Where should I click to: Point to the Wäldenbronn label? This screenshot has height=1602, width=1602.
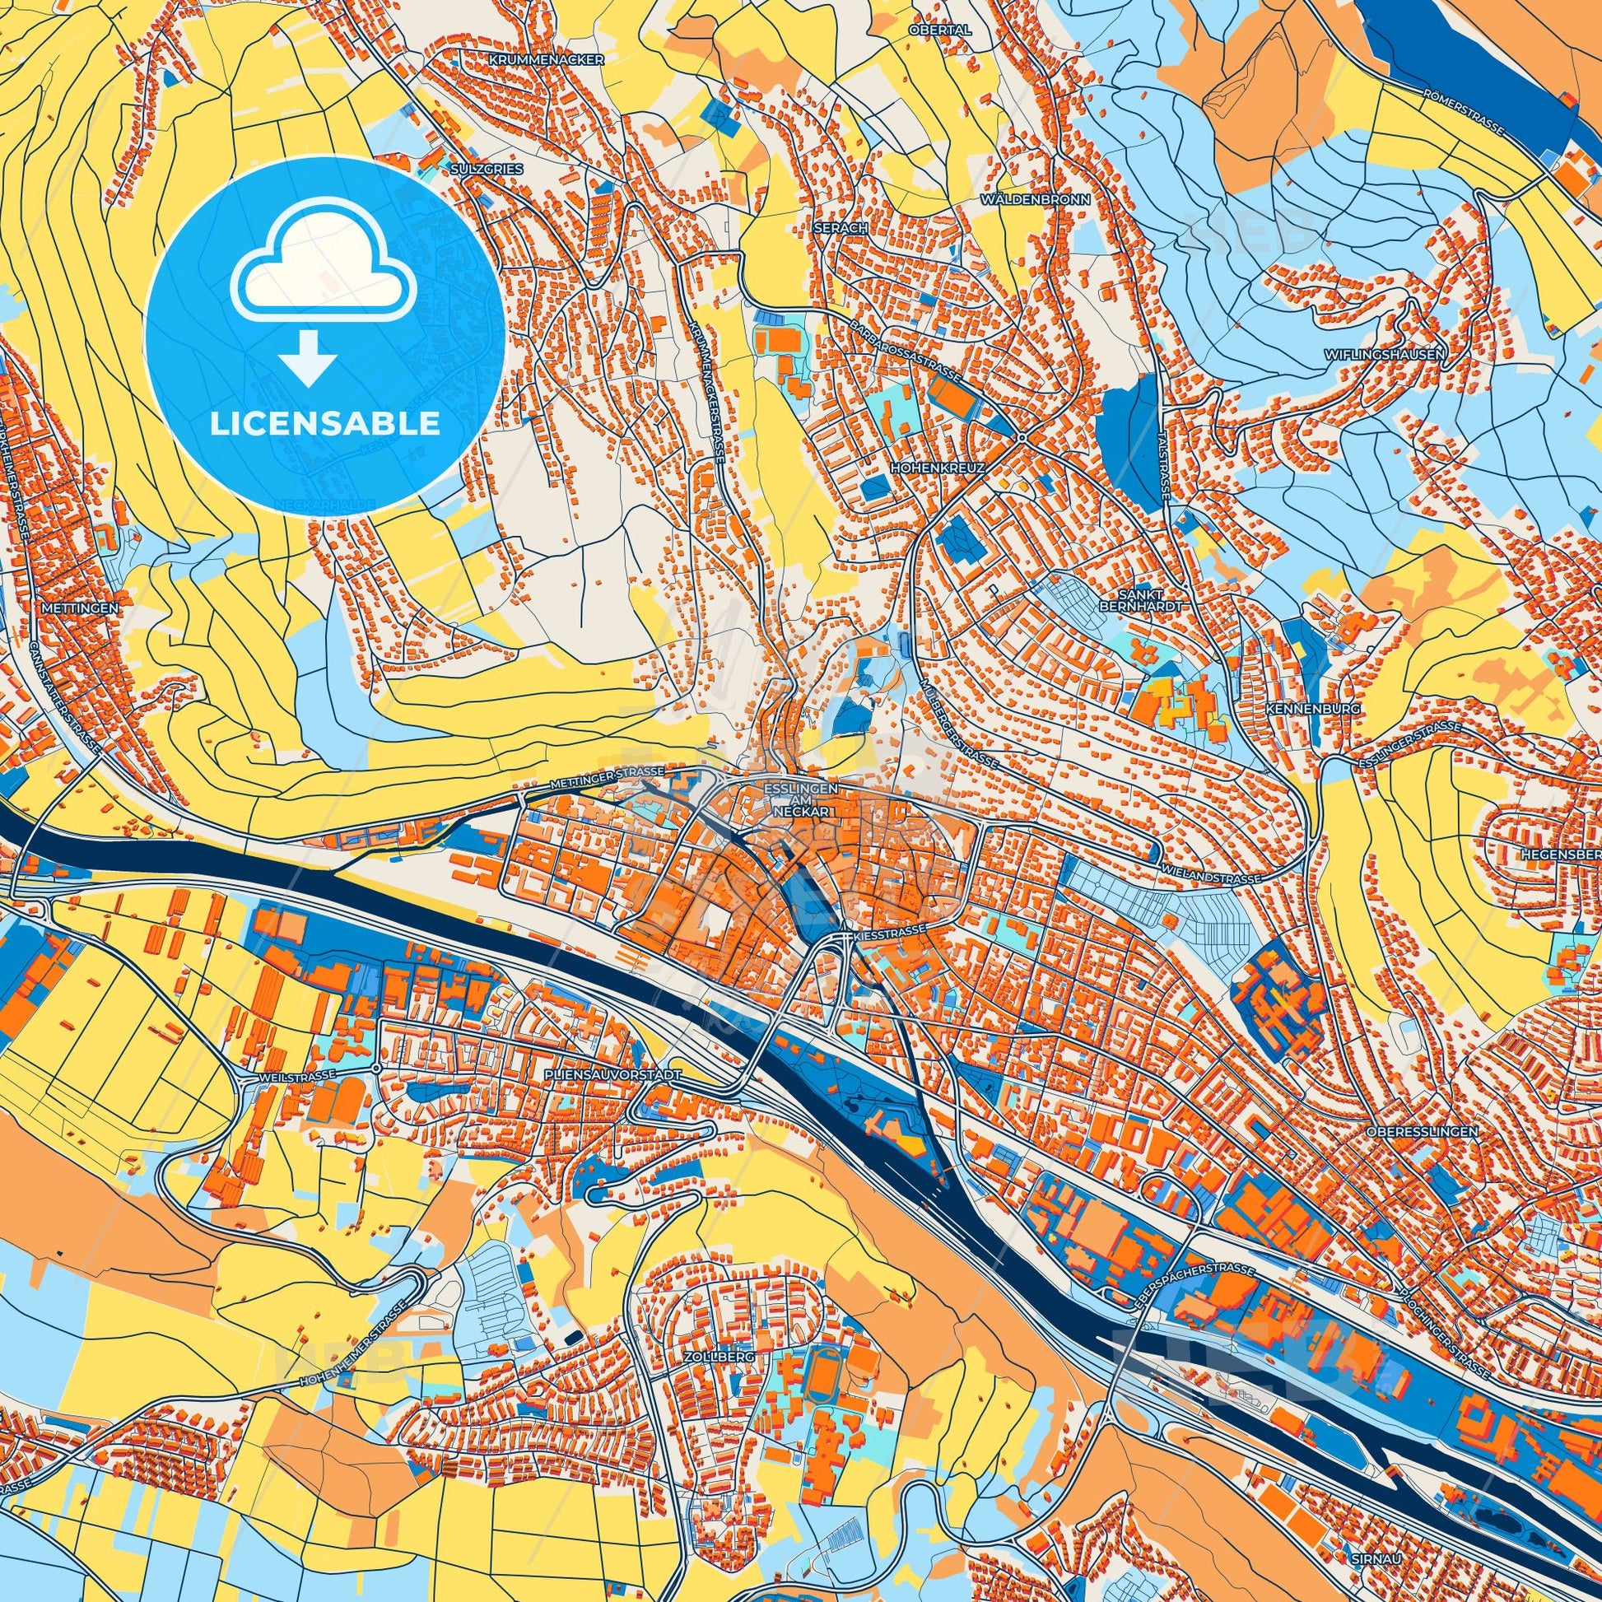click(1035, 200)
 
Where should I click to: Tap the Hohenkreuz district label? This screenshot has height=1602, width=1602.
click(938, 468)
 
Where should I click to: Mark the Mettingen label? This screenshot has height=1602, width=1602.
click(79, 607)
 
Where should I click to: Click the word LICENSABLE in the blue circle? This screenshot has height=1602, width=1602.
click(325, 424)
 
